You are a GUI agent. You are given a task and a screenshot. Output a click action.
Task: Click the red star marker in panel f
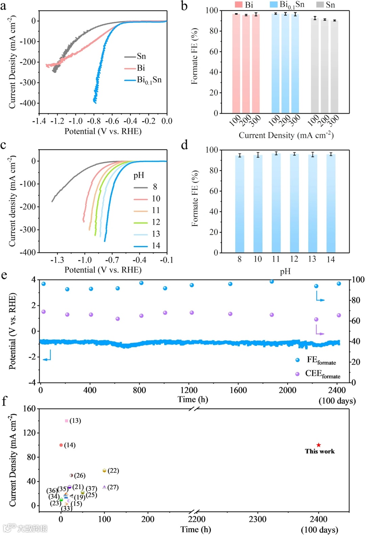tap(318, 445)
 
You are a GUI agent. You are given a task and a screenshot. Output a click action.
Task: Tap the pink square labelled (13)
tap(66, 421)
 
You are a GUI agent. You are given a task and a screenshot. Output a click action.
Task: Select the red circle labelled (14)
tap(61, 445)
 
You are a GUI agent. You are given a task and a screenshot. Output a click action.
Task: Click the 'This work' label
tap(320, 451)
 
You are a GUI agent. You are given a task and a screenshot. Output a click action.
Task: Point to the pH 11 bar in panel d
tap(276, 203)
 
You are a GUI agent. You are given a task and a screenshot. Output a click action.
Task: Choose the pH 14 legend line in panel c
tap(141, 246)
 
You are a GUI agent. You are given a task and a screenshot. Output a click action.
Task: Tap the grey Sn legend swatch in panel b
tap(320, 5)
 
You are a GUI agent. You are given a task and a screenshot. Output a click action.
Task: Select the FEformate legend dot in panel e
tap(297, 360)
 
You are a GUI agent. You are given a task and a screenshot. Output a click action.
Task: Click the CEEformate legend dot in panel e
tap(297, 374)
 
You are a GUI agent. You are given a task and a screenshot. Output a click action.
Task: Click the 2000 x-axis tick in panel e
tap(287, 390)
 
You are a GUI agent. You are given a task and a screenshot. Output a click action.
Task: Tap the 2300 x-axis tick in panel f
tap(258, 519)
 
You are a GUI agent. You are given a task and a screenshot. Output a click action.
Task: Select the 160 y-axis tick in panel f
tap(29, 409)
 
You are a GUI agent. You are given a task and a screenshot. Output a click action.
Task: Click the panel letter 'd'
tap(185, 145)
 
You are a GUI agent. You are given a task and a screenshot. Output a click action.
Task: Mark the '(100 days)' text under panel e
tap(337, 401)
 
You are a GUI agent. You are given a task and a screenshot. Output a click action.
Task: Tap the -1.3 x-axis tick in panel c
tap(57, 260)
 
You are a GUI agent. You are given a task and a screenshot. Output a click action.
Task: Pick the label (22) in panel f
tap(113, 470)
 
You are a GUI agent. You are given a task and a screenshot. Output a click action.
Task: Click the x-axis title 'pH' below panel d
tap(285, 271)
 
